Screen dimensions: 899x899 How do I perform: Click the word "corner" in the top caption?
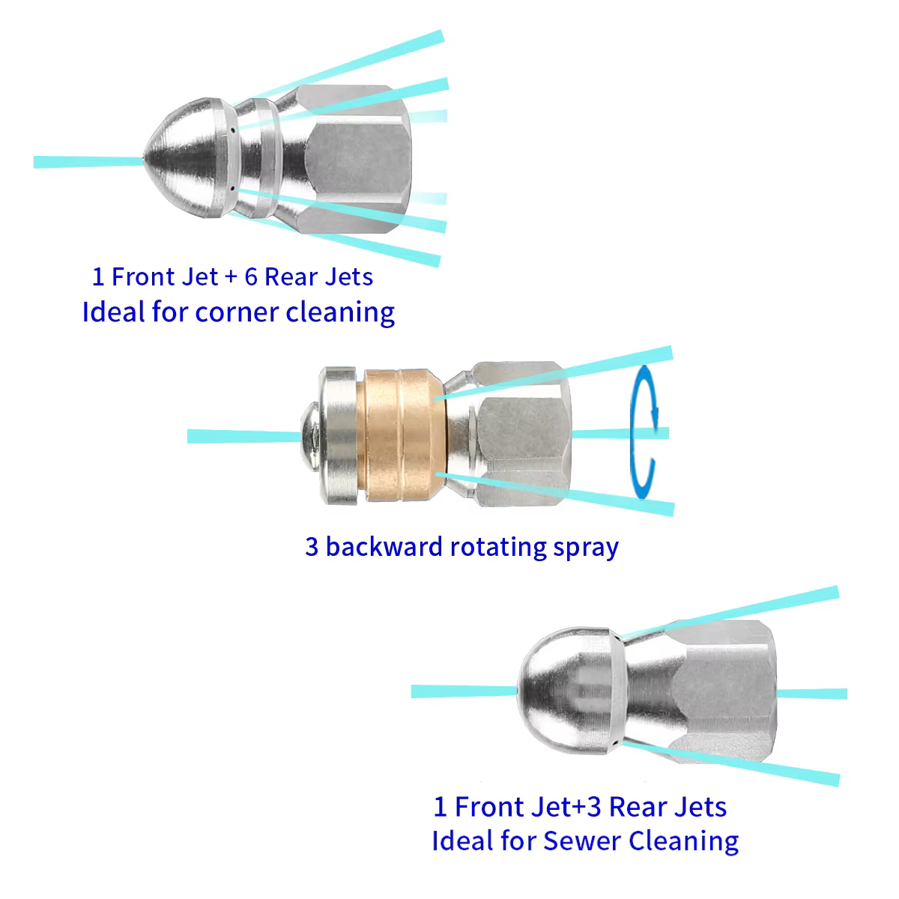236,312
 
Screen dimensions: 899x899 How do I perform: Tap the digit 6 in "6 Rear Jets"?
251,276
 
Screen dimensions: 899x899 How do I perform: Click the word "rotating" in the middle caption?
498,548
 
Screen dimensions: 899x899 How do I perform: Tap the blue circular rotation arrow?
644,432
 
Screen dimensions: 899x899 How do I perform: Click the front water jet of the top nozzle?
88,162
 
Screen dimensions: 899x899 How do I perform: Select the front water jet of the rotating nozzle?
244,436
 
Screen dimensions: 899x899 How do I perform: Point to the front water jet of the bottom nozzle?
464,691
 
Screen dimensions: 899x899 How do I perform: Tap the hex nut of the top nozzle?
354,159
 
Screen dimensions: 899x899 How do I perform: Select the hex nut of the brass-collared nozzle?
521,434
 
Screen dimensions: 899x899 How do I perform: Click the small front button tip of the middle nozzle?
309,437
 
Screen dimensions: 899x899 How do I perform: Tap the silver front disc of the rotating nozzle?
338,435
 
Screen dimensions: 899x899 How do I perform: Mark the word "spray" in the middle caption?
586,548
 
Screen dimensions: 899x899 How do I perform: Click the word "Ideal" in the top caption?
113,312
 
